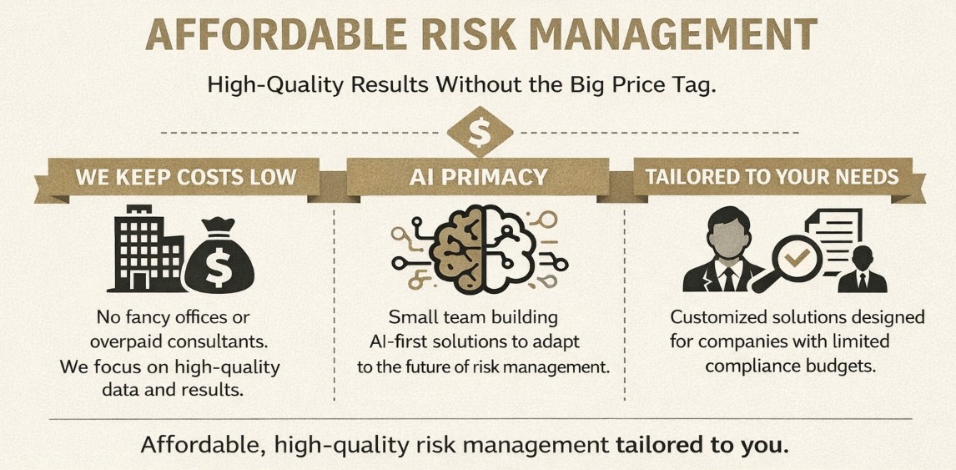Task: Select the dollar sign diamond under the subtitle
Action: click(x=478, y=131)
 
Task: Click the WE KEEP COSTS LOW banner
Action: click(x=186, y=178)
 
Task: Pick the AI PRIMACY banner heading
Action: click(x=478, y=177)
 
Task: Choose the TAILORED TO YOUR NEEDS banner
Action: click(x=772, y=177)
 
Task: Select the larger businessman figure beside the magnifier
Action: click(x=722, y=250)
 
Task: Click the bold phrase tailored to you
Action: click(x=702, y=444)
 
